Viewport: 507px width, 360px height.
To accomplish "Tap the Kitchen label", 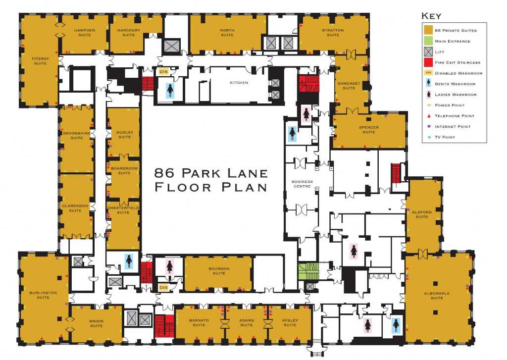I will point(239,83).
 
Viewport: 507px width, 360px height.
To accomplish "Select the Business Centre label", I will point(302,184).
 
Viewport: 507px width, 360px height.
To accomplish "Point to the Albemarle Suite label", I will point(437,296).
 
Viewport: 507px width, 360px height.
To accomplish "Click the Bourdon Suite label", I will point(219,271).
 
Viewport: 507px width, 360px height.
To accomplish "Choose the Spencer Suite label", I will point(369,130).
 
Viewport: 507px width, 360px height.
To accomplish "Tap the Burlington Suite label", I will point(43,295).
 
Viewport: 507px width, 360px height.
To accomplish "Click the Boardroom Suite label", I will point(121,170).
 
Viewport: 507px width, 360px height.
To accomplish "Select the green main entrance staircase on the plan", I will point(307,271).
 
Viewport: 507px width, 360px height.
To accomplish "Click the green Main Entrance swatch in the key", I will point(428,42).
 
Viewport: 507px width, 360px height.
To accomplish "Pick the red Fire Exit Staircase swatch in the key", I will point(428,63).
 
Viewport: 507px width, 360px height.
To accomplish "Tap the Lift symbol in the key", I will point(428,52).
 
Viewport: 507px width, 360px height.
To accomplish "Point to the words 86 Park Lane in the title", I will point(211,173).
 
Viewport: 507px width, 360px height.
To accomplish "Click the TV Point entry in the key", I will point(444,137).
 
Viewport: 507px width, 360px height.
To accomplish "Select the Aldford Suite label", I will point(422,214).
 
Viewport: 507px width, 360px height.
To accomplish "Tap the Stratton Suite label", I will point(333,33).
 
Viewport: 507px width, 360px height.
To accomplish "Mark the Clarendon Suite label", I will point(75,207).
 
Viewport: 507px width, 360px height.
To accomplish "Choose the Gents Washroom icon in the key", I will point(428,84).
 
